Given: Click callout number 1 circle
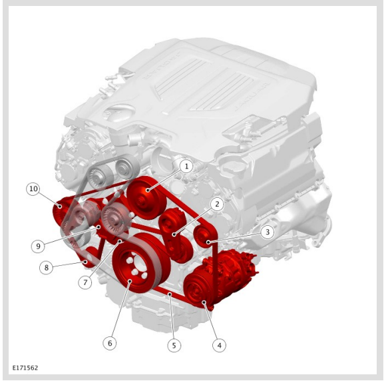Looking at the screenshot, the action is point(186,167).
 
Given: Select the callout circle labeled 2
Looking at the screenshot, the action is point(217,204).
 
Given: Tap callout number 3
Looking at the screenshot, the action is point(267,232).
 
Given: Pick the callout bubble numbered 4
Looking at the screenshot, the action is point(219,345).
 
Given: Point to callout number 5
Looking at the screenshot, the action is point(174,345).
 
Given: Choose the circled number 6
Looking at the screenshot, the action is point(110,343).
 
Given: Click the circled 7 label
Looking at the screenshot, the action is point(85,282).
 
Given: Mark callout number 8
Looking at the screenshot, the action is point(46,267).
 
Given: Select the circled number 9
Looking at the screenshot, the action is point(38,246).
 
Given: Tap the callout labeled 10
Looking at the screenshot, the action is point(33,189).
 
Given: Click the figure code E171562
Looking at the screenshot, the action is point(25,368).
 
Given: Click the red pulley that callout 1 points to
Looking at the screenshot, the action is point(147,198).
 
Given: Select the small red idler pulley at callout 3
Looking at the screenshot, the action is point(204,236).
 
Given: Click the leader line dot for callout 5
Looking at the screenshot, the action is point(170,294).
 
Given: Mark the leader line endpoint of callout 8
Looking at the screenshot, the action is point(85,262).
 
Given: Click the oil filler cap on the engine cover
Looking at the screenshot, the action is point(119,113).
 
